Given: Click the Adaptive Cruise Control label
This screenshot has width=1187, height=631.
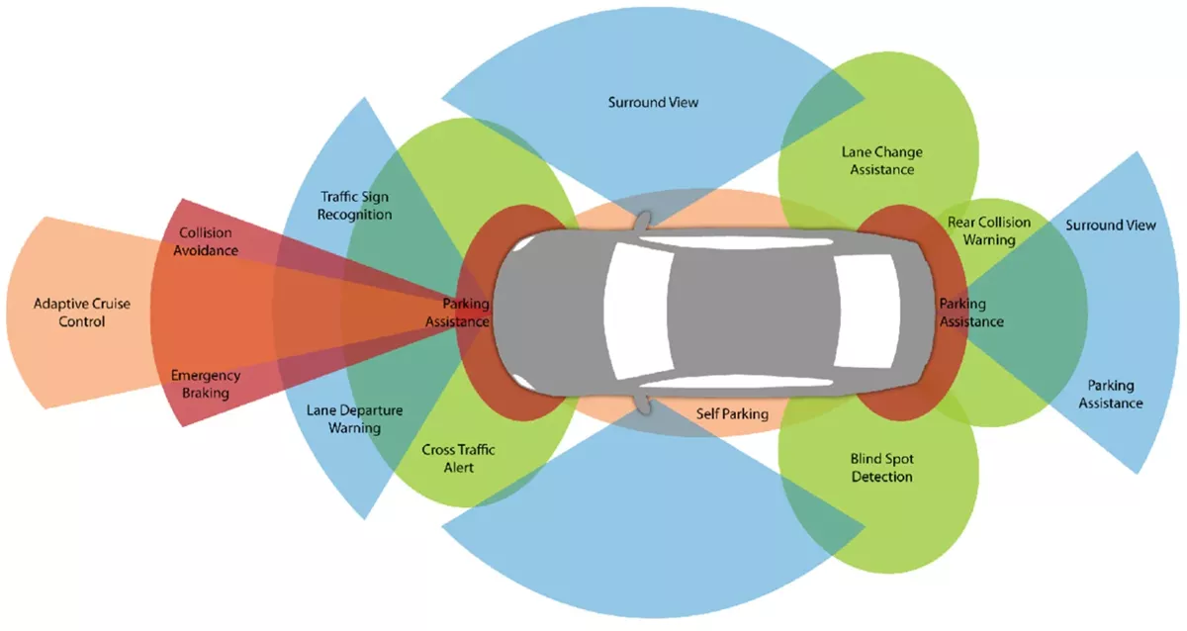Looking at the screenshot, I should (69, 313).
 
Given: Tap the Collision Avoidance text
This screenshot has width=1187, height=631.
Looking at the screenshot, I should (207, 241).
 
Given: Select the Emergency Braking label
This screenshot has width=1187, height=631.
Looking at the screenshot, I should (206, 384).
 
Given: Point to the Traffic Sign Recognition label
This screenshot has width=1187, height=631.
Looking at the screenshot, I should (356, 205).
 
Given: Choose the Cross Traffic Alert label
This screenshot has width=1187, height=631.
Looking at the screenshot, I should (458, 458).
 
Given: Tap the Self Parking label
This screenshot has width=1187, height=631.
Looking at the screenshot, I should (731, 413).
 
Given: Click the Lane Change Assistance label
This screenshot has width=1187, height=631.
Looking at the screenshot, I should (882, 160).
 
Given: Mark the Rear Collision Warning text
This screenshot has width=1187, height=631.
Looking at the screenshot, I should (988, 230).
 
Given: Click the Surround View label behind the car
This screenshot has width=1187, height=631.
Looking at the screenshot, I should (1110, 225).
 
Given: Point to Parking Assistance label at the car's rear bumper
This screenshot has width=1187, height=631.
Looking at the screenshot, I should (970, 313).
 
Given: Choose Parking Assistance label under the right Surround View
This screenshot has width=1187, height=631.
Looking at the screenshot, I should (1110, 394).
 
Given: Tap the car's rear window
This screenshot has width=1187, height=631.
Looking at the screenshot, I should (851, 311).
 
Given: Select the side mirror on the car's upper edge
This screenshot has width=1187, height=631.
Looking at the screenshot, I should (645, 217).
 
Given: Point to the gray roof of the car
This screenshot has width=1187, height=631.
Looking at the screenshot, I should (742, 311).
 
